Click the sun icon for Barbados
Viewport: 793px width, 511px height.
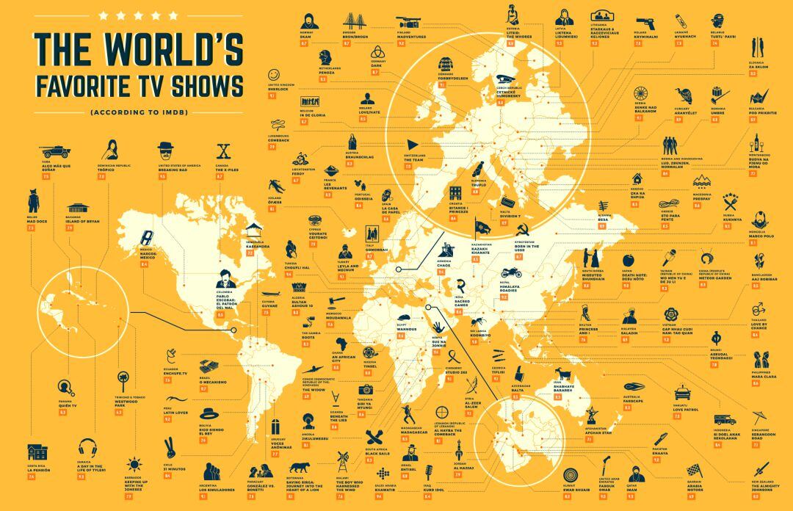(x=133, y=465)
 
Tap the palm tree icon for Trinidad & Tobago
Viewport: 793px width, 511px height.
(x=123, y=380)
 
